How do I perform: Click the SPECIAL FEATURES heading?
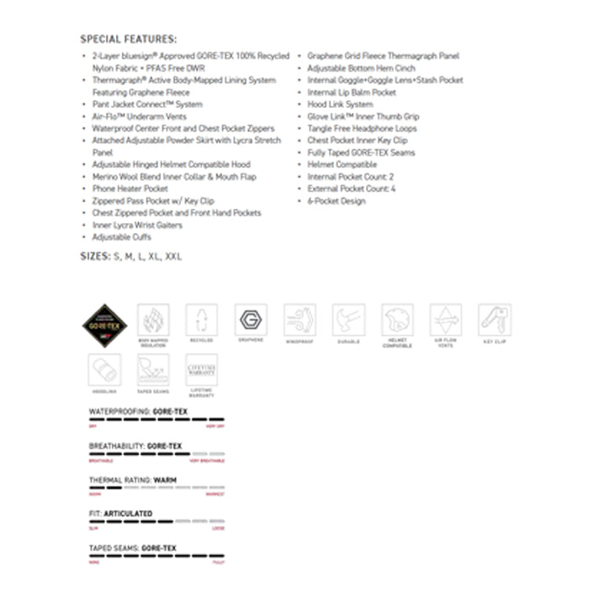(x=128, y=39)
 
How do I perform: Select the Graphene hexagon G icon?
(x=251, y=320)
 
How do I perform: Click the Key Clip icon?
(x=495, y=320)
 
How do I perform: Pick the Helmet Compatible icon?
(x=397, y=320)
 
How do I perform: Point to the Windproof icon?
(x=300, y=320)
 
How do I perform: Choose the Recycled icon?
(x=202, y=320)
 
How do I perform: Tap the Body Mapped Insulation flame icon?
(x=153, y=320)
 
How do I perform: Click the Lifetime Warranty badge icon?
(x=202, y=369)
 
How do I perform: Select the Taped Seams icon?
(x=153, y=369)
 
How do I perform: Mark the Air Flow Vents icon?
(x=446, y=320)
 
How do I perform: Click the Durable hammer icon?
(x=348, y=320)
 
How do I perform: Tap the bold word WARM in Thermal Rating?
(x=165, y=480)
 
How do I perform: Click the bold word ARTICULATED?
(x=128, y=513)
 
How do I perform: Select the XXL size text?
(x=173, y=256)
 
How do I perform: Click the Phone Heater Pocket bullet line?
(x=130, y=189)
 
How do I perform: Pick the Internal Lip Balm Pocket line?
(x=351, y=93)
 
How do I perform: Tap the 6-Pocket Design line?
(x=336, y=201)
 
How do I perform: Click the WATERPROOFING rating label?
(x=119, y=411)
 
